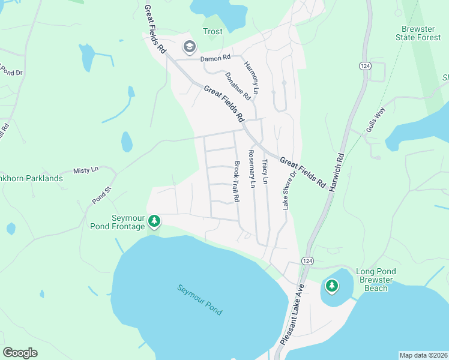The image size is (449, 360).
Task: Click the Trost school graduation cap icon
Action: pyautogui.click(x=190, y=47)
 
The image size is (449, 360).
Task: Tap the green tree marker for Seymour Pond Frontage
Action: pyautogui.click(x=154, y=221)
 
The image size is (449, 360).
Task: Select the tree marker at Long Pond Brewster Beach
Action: pyautogui.click(x=332, y=284)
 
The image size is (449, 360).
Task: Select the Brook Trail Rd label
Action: pyautogui.click(x=237, y=181)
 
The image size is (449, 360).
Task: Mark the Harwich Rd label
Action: pyautogui.click(x=336, y=172)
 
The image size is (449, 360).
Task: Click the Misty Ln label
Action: pyautogui.click(x=85, y=170)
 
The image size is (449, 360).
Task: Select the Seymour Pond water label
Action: pyautogui.click(x=199, y=299)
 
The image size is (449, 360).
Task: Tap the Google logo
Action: pyautogui.click(x=20, y=353)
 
